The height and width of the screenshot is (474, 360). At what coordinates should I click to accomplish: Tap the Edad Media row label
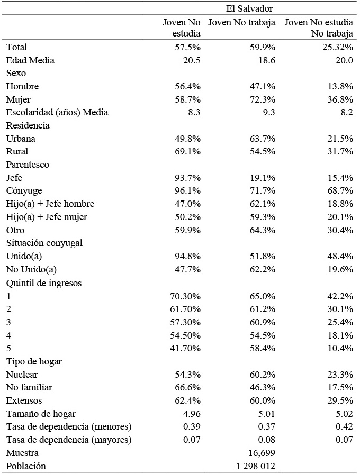[30, 60]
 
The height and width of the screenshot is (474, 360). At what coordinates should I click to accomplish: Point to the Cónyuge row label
[24, 191]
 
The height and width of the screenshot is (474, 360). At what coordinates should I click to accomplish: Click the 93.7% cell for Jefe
[188, 178]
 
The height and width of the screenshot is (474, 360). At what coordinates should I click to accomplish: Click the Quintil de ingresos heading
[44, 282]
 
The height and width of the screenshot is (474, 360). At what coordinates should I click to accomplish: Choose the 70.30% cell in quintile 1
[185, 296]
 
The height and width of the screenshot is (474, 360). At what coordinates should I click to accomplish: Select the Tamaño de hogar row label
[41, 414]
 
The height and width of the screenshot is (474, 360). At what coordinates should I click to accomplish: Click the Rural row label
[17, 152]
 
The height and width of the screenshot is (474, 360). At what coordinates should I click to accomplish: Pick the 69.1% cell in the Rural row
[188, 152]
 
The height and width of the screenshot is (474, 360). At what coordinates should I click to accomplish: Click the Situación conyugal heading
[44, 243]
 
